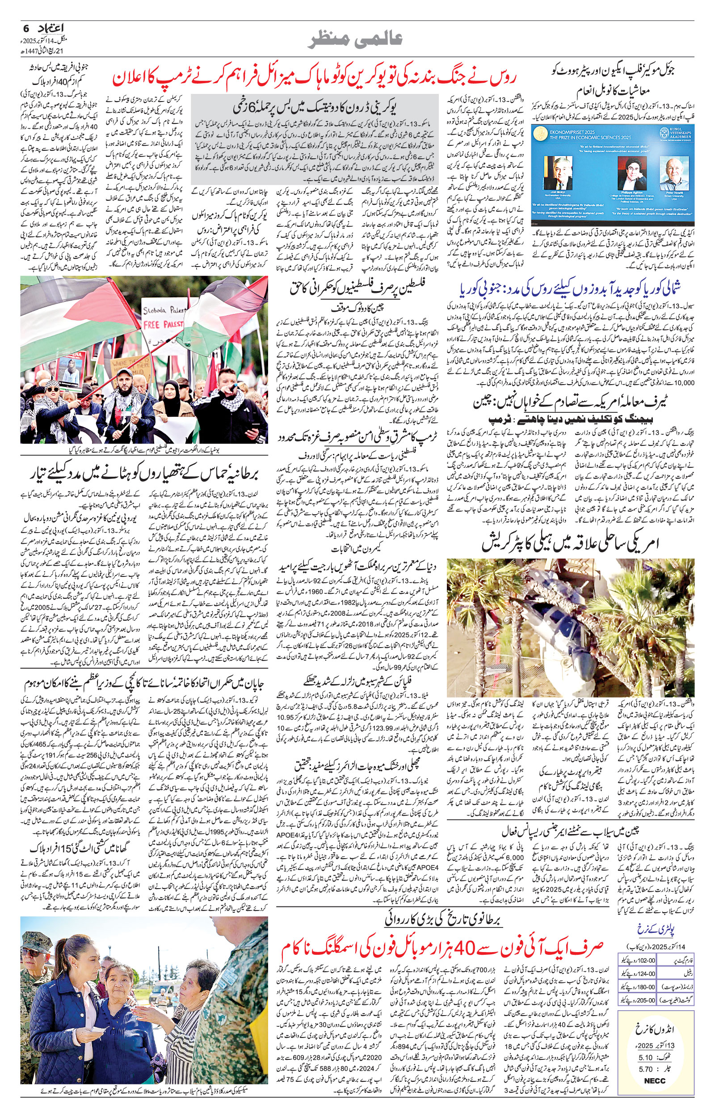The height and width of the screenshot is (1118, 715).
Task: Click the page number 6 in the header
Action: click(26, 28)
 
